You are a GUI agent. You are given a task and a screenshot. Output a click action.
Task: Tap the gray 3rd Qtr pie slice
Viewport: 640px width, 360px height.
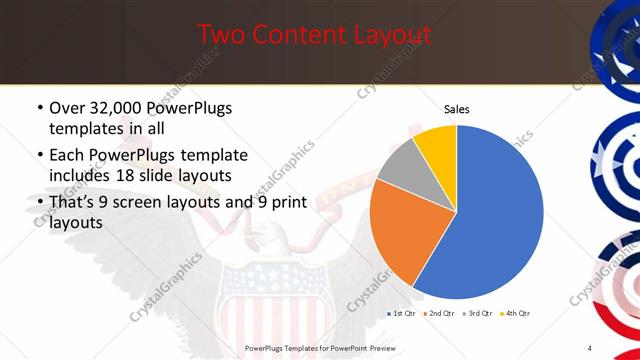pos(404,161)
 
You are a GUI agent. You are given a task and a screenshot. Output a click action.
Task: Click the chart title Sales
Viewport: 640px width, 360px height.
pos(456,109)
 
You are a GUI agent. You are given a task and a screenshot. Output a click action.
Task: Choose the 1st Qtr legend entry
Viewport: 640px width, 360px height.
pos(402,313)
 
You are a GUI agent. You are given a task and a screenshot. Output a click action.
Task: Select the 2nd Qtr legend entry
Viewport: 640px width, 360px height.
pos(439,313)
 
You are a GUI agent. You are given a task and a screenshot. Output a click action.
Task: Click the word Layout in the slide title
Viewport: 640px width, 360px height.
pos(383,35)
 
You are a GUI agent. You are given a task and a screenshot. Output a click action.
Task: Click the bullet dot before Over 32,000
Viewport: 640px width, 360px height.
pos(38,108)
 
